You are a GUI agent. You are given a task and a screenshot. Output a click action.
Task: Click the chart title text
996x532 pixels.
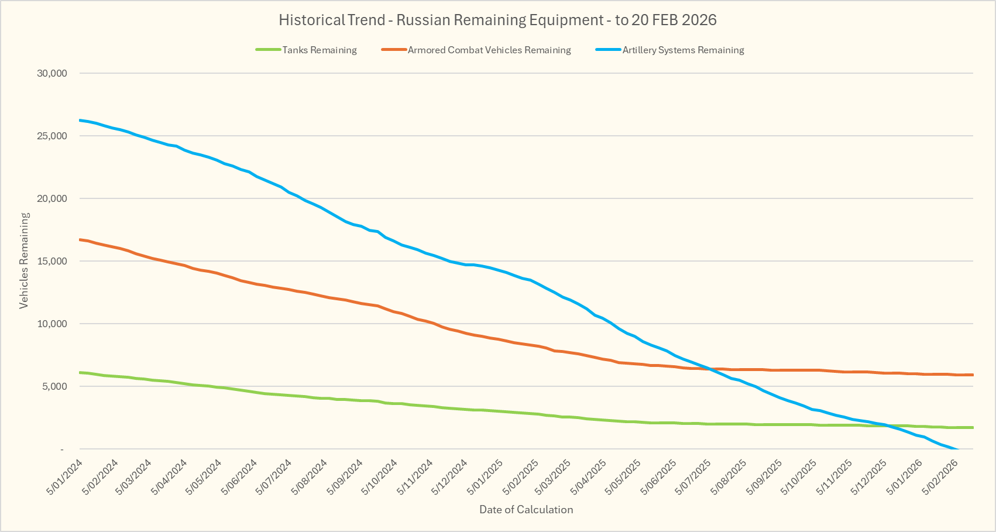tap(497, 20)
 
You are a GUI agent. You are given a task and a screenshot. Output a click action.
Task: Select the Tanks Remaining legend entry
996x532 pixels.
tap(320, 50)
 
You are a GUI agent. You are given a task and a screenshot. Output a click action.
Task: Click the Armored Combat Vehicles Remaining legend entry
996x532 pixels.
tap(489, 50)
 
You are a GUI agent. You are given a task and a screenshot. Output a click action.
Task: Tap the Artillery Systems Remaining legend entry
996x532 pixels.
tap(683, 50)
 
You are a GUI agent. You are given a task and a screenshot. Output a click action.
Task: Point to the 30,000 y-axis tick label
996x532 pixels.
tap(52, 73)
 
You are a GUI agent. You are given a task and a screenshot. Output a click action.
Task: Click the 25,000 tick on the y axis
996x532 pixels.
tap(52, 136)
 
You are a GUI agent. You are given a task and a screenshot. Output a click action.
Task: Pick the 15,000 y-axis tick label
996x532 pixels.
tap(52, 261)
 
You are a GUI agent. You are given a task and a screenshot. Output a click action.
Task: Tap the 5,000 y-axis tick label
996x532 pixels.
tap(54, 386)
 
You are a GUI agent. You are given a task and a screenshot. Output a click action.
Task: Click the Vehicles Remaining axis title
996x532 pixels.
tap(24, 260)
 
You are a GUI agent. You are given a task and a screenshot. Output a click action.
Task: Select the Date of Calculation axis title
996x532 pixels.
tap(526, 509)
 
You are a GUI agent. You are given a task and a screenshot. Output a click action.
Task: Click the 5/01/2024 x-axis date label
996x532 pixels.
tap(65, 476)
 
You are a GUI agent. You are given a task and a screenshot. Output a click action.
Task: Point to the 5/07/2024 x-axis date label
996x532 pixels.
tap(275, 476)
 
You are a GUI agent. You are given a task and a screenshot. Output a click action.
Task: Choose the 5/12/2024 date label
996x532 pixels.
tap(451, 476)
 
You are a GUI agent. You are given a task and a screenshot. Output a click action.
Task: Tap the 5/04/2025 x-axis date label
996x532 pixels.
tap(590, 476)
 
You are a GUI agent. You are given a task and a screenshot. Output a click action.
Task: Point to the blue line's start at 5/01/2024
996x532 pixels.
tap(80, 120)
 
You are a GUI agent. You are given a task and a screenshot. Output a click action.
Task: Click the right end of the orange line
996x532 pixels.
tap(973, 375)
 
